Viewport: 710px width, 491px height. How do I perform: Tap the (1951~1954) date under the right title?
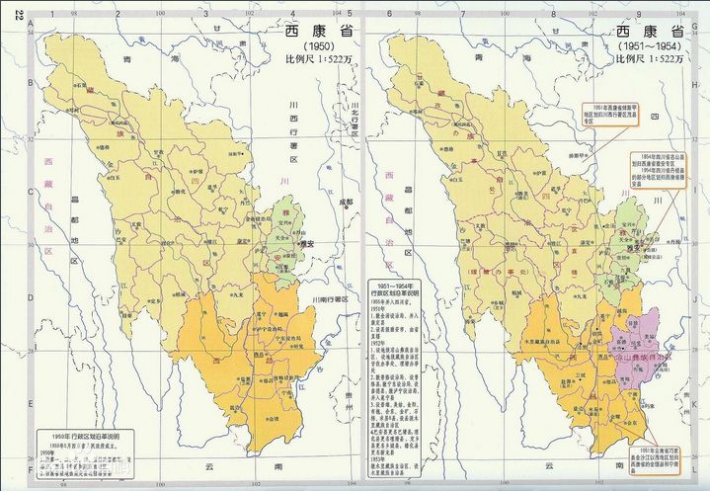tap(648, 45)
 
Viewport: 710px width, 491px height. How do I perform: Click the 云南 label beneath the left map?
tap(209, 463)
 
